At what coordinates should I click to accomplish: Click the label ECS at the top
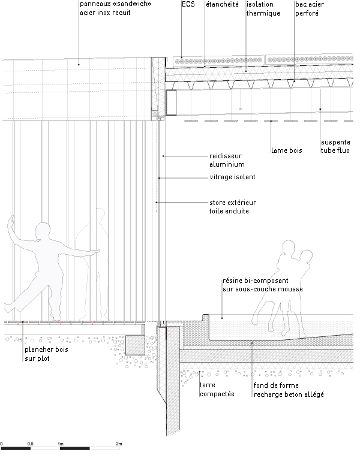[x=188, y=4]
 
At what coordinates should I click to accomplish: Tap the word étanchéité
[x=222, y=4]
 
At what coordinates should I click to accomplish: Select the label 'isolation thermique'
[x=263, y=9]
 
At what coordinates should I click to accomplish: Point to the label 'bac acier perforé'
[x=310, y=9]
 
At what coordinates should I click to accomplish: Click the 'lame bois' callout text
[x=287, y=150]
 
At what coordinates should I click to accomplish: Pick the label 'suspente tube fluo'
[x=335, y=146]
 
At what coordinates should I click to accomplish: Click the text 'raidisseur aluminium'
[x=227, y=160]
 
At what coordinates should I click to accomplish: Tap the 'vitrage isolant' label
[x=232, y=177]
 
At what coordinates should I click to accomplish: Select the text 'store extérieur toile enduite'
[x=233, y=207]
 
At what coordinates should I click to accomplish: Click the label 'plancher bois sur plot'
[x=46, y=354]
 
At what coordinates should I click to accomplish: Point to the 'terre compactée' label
[x=217, y=390]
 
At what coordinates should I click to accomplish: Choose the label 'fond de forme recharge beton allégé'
[x=289, y=390]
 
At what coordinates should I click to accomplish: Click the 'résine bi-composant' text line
[x=256, y=281]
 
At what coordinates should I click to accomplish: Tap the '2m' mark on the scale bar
[x=119, y=444]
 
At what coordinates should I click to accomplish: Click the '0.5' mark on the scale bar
[x=31, y=444]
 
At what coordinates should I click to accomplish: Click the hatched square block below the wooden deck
[x=135, y=345]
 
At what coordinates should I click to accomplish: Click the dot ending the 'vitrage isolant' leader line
[x=160, y=177]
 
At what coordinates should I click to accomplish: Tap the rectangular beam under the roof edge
[x=172, y=103]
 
